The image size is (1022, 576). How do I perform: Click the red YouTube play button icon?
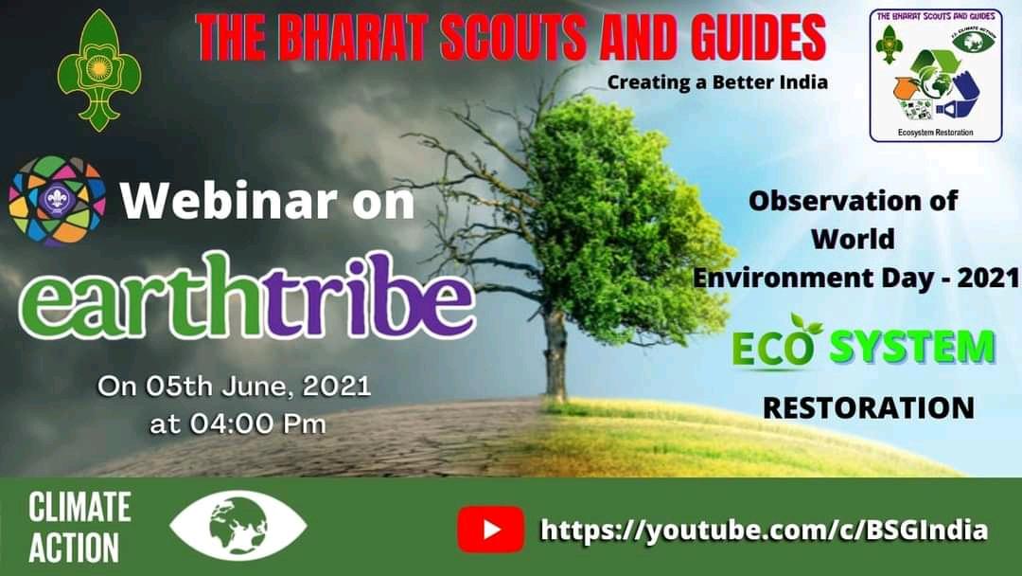coord(490,529)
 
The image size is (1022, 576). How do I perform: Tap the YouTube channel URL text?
coord(764,530)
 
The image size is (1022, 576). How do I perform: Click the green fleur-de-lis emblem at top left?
coord(98,70)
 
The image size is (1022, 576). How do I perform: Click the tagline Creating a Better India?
coord(717,82)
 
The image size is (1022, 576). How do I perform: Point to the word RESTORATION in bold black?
coord(868,407)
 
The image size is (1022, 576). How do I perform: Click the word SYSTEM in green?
coord(912,349)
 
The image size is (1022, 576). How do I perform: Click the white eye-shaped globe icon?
coord(238,527)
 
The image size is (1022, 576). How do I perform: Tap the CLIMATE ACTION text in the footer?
coord(79,528)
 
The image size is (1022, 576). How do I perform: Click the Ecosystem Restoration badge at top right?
coord(935,76)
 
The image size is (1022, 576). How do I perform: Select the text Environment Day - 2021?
coord(855,279)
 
